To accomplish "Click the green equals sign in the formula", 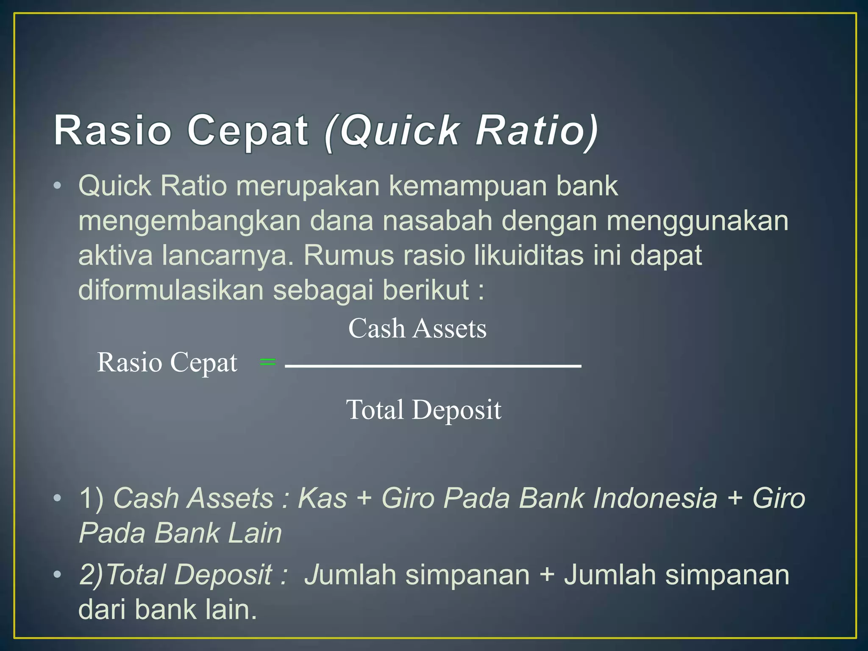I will pyautogui.click(x=267, y=362).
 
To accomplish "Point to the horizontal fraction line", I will pyautogui.click(x=433, y=366).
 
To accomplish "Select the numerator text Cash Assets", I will pyautogui.click(x=417, y=328).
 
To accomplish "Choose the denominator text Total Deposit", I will pyautogui.click(x=423, y=410).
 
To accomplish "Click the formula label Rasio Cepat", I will pyautogui.click(x=167, y=363).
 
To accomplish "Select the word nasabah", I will pyautogui.click(x=437, y=221).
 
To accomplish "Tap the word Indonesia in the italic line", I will pyautogui.click(x=655, y=498).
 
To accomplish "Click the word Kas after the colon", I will pyautogui.click(x=323, y=498).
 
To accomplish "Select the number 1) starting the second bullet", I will pyautogui.click(x=91, y=498).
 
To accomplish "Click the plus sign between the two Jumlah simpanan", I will pyautogui.click(x=547, y=575).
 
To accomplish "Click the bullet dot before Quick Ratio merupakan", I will pyautogui.click(x=58, y=186).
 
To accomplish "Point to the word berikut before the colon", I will pyautogui.click(x=426, y=290).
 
